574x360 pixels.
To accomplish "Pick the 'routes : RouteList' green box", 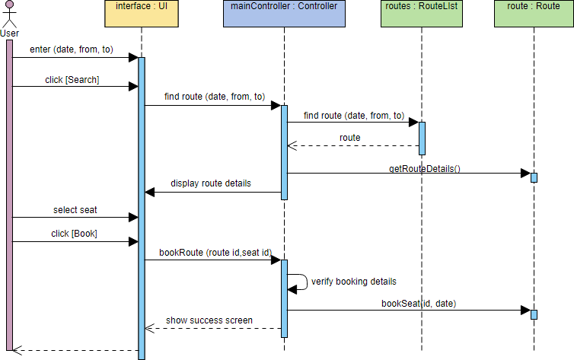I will [x=421, y=13].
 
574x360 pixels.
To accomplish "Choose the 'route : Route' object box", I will [x=533, y=13].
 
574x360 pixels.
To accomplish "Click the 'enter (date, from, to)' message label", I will [x=72, y=49].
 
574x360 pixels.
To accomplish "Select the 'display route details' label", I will [x=211, y=183].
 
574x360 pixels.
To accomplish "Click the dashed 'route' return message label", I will [x=350, y=138].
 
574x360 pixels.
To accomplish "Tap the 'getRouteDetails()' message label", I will [x=425, y=167].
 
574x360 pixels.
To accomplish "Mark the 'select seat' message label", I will [x=75, y=209].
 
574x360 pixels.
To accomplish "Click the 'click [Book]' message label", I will [x=74, y=234].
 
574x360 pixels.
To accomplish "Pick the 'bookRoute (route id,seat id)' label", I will [x=215, y=252].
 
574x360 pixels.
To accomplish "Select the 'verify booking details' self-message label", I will [x=353, y=281].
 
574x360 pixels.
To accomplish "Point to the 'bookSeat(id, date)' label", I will [x=419, y=303].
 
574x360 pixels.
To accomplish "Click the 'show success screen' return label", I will [x=210, y=320].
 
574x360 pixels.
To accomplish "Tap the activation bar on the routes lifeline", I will [x=421, y=137].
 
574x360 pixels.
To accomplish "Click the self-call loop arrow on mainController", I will [x=301, y=282].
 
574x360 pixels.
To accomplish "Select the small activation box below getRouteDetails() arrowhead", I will [x=534, y=177].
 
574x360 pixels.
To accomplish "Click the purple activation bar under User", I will [x=9, y=190].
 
